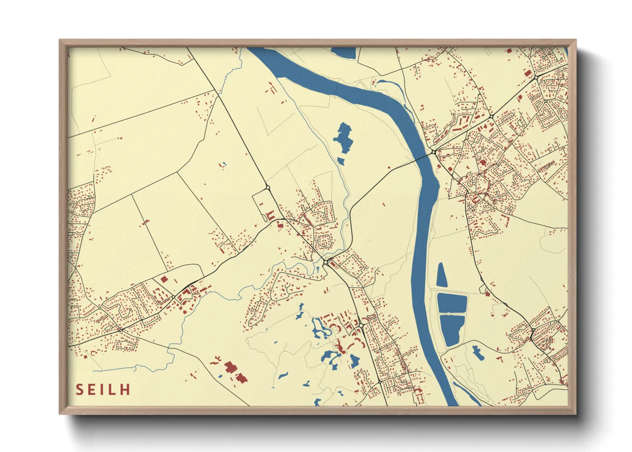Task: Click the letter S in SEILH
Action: pyautogui.click(x=80, y=390)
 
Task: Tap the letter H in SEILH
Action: pyautogui.click(x=125, y=390)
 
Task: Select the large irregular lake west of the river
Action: pyautogui.click(x=343, y=138)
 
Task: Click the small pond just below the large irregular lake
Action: pyautogui.click(x=341, y=161)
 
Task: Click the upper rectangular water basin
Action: pyautogui.click(x=452, y=303)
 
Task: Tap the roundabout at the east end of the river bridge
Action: pyautogui.click(x=434, y=152)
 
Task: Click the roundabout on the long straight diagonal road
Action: pyautogui.click(x=268, y=187)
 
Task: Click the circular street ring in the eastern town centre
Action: pyautogui.click(x=484, y=198)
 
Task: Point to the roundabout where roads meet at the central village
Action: pyautogui.click(x=325, y=262)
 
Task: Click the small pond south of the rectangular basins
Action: pyautogui.click(x=477, y=352)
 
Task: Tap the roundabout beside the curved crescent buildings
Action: pyautogui.click(x=361, y=326)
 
